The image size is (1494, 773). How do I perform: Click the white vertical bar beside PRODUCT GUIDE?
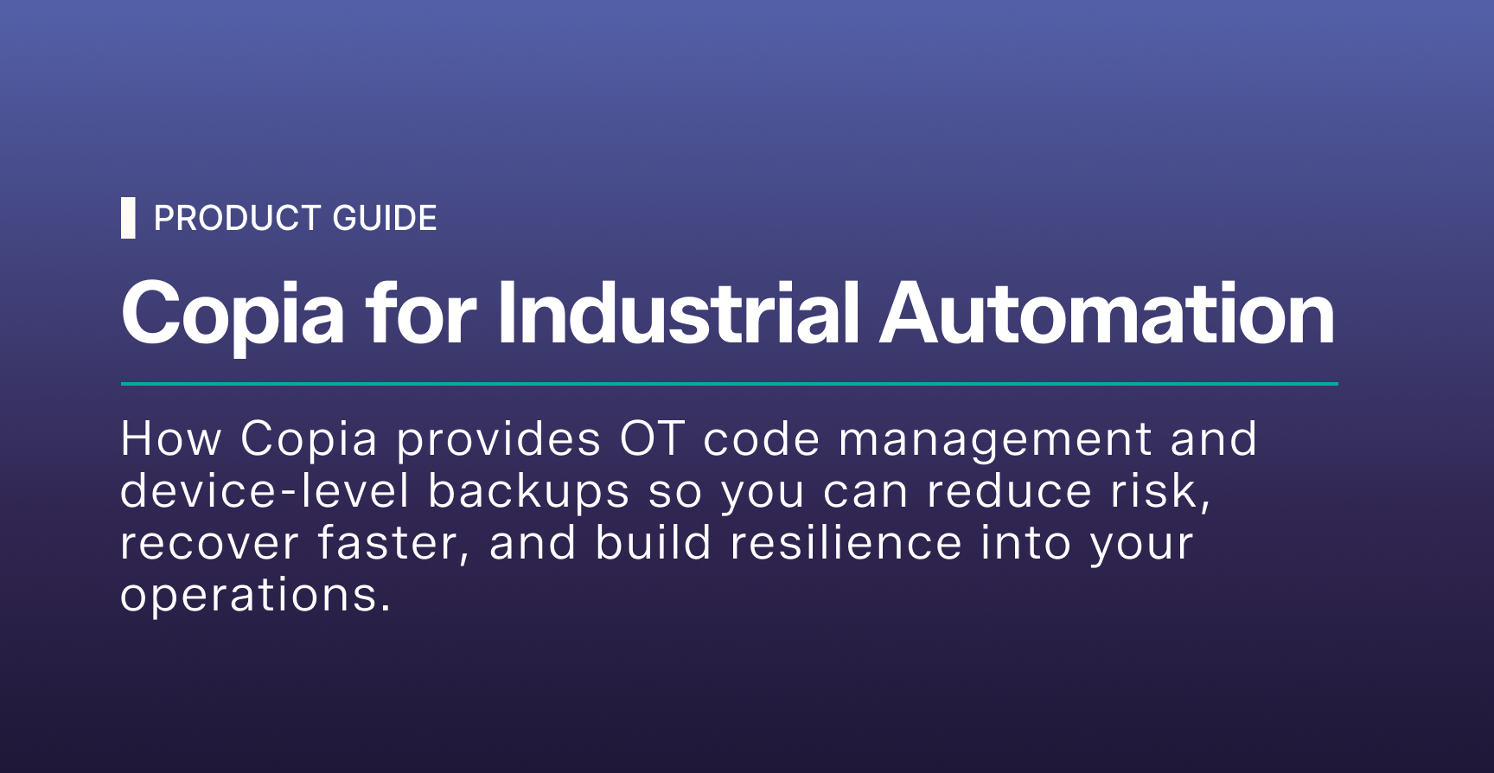tap(128, 218)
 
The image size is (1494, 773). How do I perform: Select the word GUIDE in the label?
tap(385, 219)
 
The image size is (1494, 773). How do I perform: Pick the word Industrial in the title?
tap(679, 312)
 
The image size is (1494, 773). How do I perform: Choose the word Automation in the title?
tap(1108, 312)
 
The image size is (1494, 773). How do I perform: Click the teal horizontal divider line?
tap(730, 383)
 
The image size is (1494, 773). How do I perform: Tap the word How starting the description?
tap(171, 439)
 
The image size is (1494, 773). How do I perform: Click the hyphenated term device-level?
tap(265, 491)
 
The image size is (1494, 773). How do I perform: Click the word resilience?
tap(846, 543)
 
